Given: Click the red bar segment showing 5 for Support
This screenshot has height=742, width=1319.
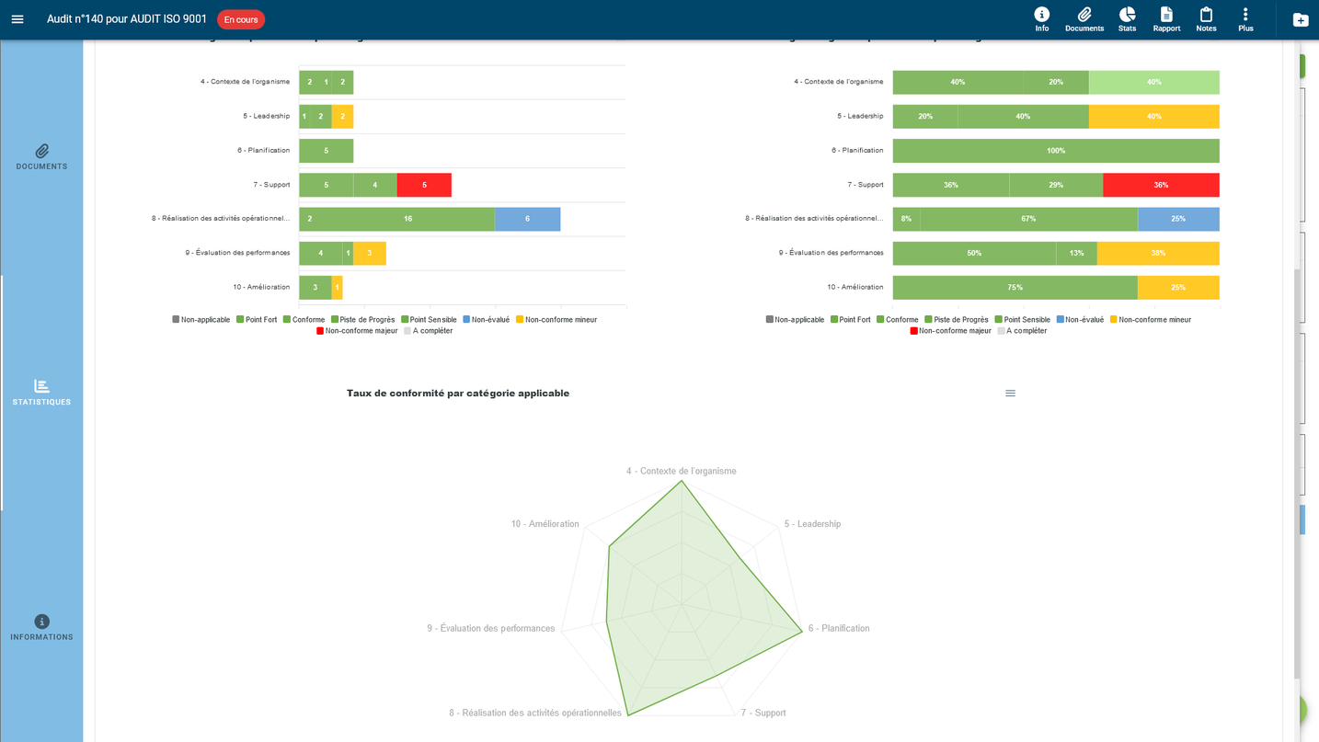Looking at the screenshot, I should click(x=424, y=185).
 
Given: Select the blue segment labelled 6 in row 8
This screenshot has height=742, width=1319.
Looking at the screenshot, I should click(x=527, y=219).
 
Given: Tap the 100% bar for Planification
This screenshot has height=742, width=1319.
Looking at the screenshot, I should click(x=1056, y=151).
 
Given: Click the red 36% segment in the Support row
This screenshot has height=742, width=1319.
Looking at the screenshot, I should click(x=1161, y=185).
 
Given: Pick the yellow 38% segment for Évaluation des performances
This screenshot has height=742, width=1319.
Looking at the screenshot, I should click(x=1158, y=253).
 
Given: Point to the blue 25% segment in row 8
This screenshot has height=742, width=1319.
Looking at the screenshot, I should click(x=1178, y=219).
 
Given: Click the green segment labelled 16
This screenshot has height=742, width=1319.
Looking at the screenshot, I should click(x=407, y=219).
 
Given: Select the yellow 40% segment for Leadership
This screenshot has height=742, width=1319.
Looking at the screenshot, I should click(x=1153, y=117).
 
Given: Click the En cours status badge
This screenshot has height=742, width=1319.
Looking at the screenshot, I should click(x=241, y=19).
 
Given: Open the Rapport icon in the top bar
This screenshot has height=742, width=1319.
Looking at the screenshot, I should click(x=1166, y=18).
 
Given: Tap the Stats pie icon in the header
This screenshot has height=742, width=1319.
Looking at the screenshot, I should click(x=1127, y=18).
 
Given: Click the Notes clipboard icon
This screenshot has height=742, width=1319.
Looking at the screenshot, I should click(x=1206, y=18).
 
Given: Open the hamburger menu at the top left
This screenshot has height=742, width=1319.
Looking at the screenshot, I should click(x=17, y=19).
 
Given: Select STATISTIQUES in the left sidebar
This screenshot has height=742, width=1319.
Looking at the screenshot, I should click(x=41, y=393).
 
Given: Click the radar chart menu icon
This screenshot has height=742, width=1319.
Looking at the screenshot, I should click(x=1010, y=394).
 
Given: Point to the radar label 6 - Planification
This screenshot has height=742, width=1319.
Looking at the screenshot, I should click(x=839, y=629).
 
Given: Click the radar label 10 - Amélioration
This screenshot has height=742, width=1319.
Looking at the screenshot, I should click(x=545, y=524).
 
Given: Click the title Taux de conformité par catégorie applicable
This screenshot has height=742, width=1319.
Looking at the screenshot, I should click(x=458, y=394).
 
